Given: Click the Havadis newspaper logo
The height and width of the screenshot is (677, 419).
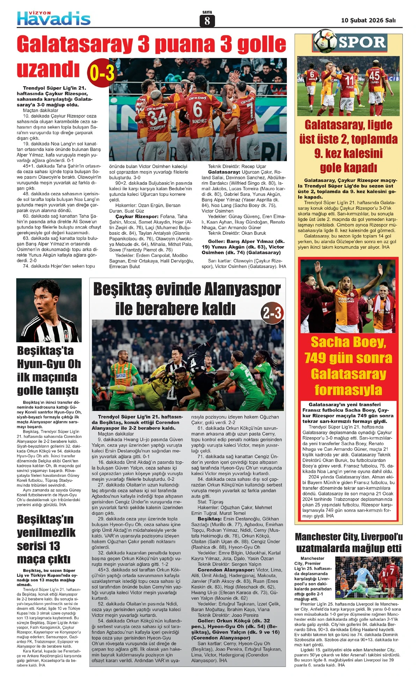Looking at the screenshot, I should point(54,19).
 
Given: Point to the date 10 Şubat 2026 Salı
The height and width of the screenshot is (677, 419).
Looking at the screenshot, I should point(368,20).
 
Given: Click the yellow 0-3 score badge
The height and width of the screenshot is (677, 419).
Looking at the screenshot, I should point(101,73).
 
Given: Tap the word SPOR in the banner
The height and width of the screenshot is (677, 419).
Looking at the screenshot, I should point(362,42).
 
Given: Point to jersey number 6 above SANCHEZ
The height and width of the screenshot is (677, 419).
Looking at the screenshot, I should point(198,109).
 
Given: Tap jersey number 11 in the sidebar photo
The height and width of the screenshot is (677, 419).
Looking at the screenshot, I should point(349,80).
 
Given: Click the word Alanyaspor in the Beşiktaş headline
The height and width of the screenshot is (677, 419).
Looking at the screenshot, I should point(242,290).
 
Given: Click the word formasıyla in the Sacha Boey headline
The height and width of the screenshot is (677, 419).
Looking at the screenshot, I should point(348,390).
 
